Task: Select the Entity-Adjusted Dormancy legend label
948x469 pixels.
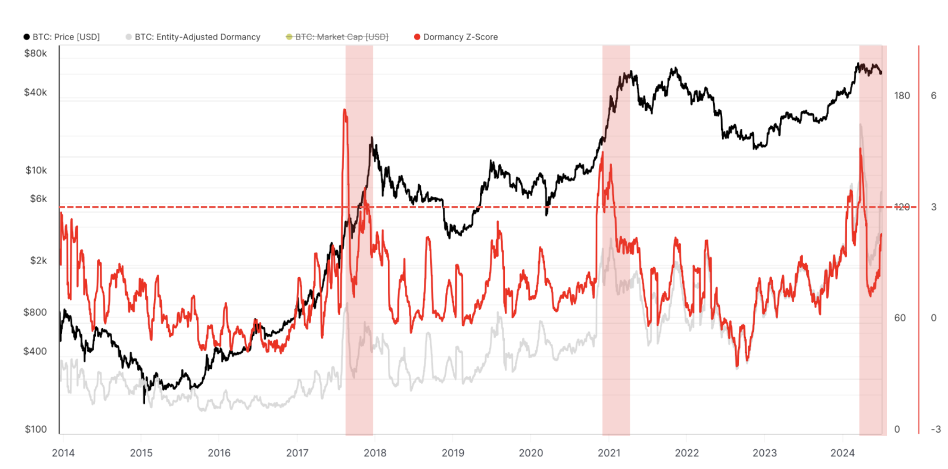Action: tap(197, 37)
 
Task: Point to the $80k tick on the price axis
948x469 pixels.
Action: tap(35, 54)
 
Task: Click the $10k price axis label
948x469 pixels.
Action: tap(36, 170)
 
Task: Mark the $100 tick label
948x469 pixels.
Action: tap(36, 430)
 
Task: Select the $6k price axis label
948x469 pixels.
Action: tap(38, 199)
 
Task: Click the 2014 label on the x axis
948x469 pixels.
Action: tap(63, 453)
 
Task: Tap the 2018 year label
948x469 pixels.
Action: tap(375, 453)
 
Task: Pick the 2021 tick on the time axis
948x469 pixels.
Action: tap(609, 453)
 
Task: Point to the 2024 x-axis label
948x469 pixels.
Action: tap(842, 453)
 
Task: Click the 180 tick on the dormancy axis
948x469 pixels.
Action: tap(902, 96)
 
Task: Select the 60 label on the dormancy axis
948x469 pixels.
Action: tap(900, 318)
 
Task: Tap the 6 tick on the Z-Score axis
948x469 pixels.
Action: tap(934, 96)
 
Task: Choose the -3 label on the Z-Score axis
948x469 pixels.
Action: tap(935, 429)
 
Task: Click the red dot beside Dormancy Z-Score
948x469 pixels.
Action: tap(417, 37)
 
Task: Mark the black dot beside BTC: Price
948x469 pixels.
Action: tap(27, 37)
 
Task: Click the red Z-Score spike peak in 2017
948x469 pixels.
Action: tap(345, 110)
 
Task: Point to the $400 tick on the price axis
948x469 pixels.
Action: tap(35, 351)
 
